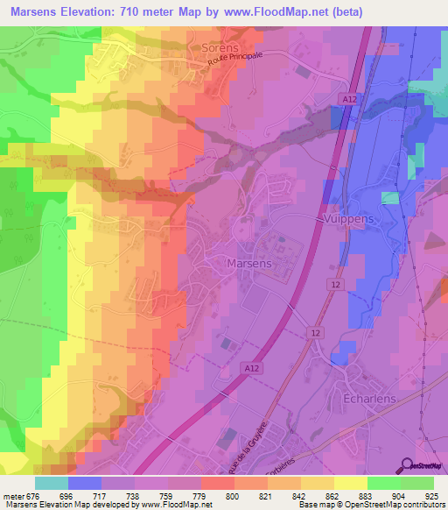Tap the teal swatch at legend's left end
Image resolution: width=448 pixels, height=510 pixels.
pyautogui.click(x=52, y=483)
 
